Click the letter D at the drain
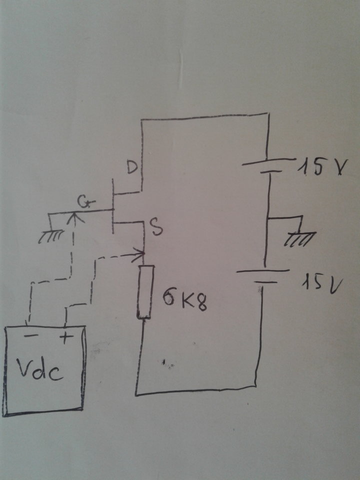[132, 167]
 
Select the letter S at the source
[157, 228]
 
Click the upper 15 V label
[322, 167]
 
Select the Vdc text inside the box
[40, 369]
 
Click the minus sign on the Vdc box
[31, 336]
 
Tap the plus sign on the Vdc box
[66, 337]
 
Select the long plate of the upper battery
[269, 161]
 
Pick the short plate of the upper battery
[270, 172]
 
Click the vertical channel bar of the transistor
[113, 206]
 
